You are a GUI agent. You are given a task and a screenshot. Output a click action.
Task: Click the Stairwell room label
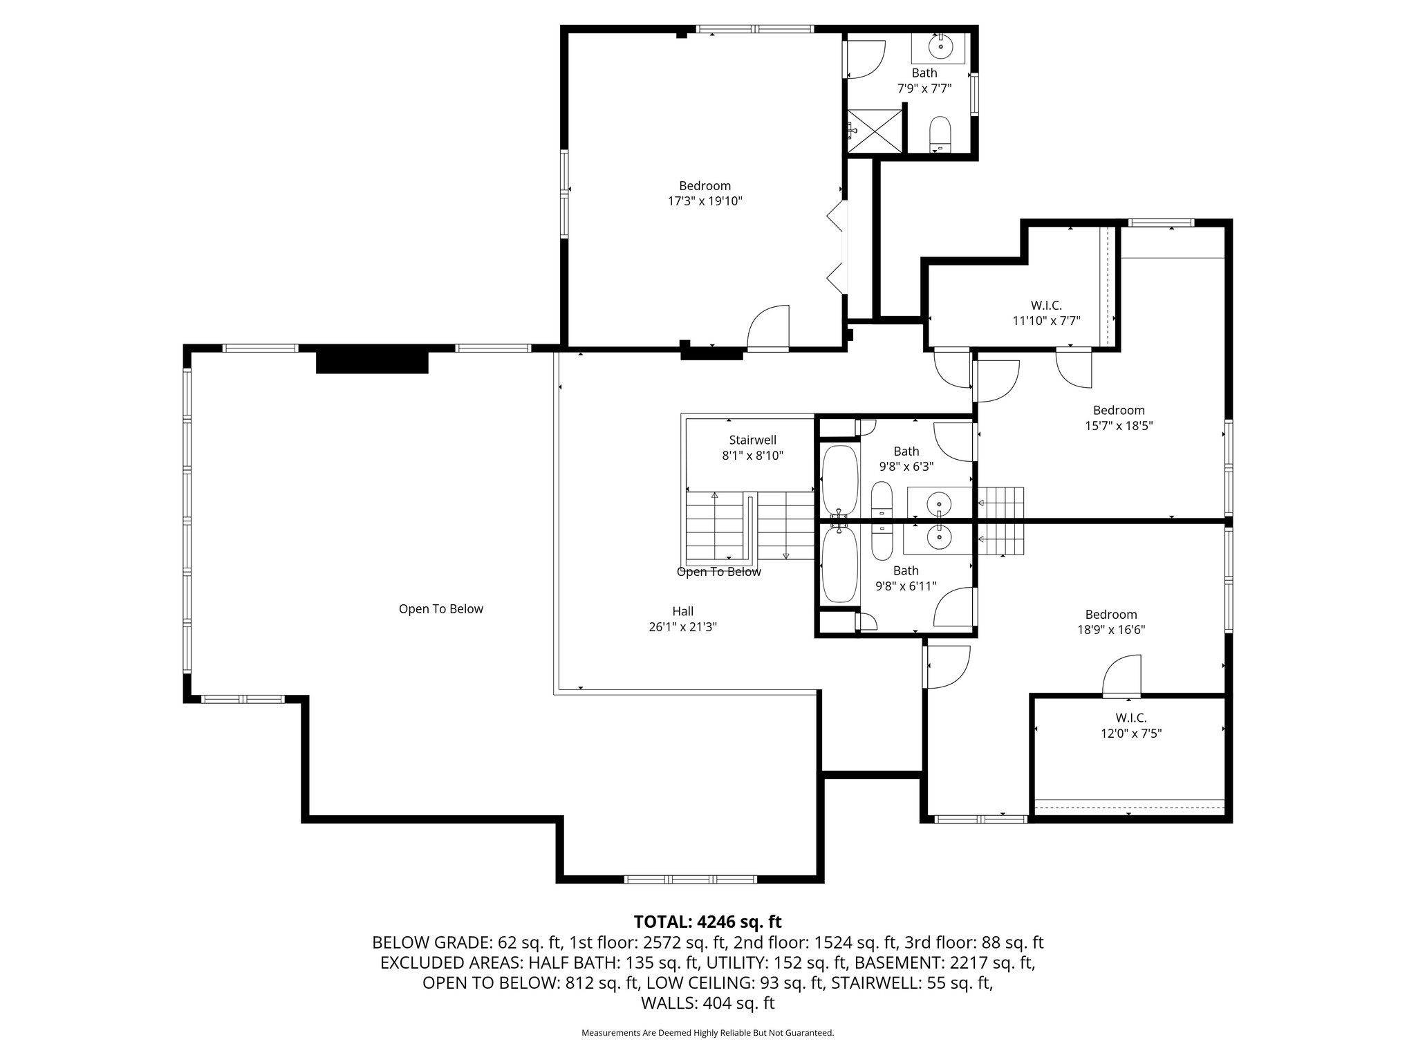click(752, 440)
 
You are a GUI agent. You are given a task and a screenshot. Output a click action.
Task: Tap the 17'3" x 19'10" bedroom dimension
click(705, 201)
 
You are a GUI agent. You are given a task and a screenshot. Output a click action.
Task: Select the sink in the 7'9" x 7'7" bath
click(940, 47)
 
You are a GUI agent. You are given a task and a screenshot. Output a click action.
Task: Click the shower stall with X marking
click(876, 131)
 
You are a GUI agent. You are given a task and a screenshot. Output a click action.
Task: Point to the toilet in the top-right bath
click(940, 134)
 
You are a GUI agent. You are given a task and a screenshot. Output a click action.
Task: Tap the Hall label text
click(682, 611)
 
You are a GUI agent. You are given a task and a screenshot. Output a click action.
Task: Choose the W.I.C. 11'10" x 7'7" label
click(1045, 313)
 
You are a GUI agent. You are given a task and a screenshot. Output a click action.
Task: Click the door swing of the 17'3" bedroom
click(769, 328)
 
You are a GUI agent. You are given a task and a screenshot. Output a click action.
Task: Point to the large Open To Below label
click(440, 609)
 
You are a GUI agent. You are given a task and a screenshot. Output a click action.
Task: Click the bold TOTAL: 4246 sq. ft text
click(707, 922)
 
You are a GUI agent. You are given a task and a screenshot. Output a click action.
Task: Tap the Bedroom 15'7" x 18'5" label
click(1118, 418)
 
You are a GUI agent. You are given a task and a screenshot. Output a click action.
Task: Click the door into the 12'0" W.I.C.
click(1121, 678)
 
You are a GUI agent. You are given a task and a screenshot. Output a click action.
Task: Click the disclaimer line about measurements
click(707, 1033)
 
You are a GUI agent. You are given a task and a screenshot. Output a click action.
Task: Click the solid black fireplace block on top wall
click(372, 362)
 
